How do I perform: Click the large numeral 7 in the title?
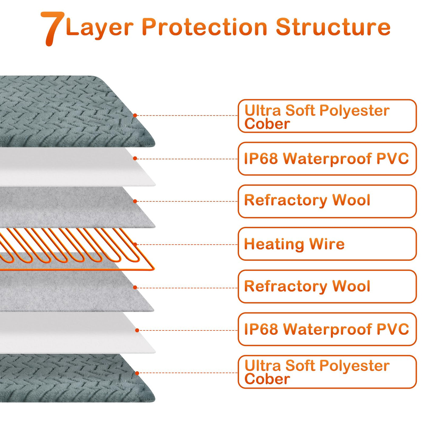(52, 28)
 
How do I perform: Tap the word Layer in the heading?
(99, 28)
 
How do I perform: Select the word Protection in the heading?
(204, 27)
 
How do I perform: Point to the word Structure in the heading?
(333, 27)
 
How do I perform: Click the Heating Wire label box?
(327, 244)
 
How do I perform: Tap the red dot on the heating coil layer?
(135, 244)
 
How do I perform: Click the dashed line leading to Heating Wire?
(186, 244)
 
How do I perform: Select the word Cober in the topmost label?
(267, 124)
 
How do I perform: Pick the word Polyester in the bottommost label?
(354, 366)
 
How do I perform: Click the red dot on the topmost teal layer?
(135, 115)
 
